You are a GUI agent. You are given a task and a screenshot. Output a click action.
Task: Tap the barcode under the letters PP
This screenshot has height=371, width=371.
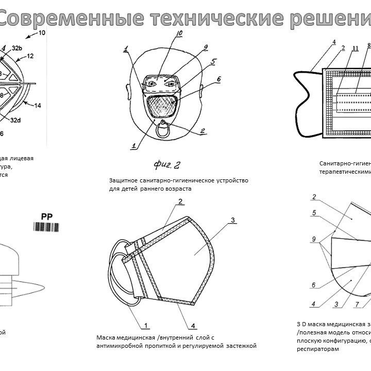pyautogui.click(x=46, y=227)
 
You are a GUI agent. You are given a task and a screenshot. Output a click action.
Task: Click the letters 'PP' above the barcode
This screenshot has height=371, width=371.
pyautogui.click(x=46, y=216)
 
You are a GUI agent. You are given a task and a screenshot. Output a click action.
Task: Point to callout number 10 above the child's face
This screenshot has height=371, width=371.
pyautogui.click(x=179, y=35)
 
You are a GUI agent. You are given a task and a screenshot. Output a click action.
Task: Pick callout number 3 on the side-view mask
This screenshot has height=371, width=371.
pyautogui.click(x=232, y=220)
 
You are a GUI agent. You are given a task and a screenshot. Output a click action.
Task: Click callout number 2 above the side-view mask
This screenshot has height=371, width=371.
pyautogui.click(x=181, y=201)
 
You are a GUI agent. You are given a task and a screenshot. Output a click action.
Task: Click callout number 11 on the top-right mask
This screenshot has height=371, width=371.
pyautogui.click(x=355, y=49)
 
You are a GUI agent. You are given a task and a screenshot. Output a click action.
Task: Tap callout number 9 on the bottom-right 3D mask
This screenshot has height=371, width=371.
pyautogui.click(x=313, y=239)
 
